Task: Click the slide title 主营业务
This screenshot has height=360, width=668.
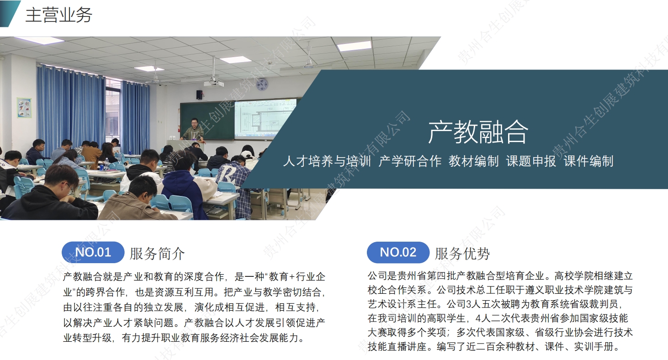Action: pyautogui.click(x=59, y=15)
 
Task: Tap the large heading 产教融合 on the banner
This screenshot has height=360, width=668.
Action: pyautogui.click(x=478, y=132)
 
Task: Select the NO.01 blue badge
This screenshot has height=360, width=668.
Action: pyautogui.click(x=93, y=252)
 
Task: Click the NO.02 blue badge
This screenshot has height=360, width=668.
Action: pyautogui.click(x=398, y=252)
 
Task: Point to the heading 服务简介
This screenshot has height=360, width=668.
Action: pyautogui.click(x=157, y=254)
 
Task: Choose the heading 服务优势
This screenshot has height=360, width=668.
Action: pyautogui.click(x=462, y=254)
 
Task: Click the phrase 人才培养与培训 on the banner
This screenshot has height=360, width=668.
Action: pyautogui.click(x=327, y=161)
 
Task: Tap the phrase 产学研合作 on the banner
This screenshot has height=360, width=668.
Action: pyautogui.click(x=410, y=161)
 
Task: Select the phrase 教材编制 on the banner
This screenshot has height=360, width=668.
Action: pyautogui.click(x=473, y=161)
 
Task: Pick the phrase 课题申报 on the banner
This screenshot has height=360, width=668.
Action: pyautogui.click(x=531, y=161)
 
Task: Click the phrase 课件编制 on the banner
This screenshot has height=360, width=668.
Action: pyautogui.click(x=588, y=161)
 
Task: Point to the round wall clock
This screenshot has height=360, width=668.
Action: pyautogui.click(x=262, y=85)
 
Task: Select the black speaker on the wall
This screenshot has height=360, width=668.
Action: pyautogui.click(x=199, y=95)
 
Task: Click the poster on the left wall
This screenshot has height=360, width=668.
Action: pyautogui.click(x=24, y=107)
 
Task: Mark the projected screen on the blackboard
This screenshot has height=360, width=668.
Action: pyautogui.click(x=264, y=119)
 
